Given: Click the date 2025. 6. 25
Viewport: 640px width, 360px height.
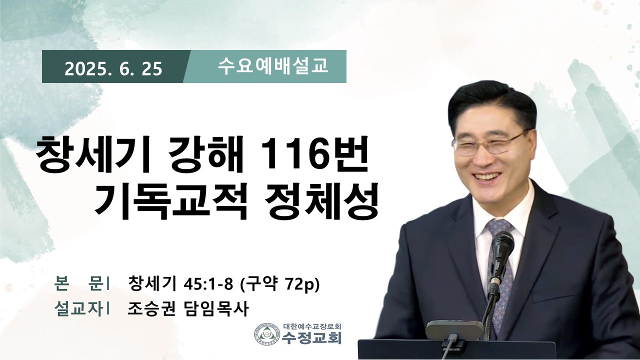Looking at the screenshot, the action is pyautogui.click(x=113, y=69).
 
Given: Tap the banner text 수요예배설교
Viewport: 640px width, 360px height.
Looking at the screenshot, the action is pyautogui.click(x=273, y=66).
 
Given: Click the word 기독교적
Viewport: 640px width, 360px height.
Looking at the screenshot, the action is pyautogui.click(x=171, y=200).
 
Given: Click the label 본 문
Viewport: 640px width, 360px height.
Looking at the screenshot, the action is pyautogui.click(x=78, y=283).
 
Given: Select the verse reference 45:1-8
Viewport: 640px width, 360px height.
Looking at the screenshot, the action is pyautogui.click(x=208, y=283).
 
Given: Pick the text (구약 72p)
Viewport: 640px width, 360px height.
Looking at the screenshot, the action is pyautogui.click(x=279, y=283).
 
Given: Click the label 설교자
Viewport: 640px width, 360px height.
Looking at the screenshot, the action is pyautogui.click(x=78, y=309).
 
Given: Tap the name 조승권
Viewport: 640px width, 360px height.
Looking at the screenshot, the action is pyautogui.click(x=151, y=309).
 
